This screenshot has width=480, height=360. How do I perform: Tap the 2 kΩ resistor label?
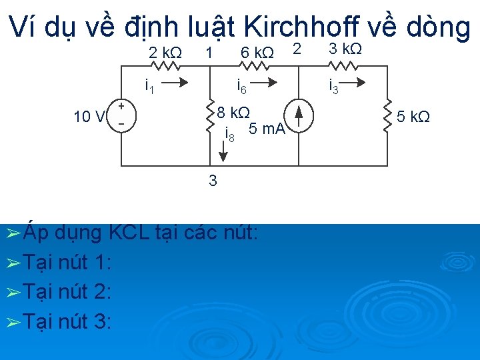tap(164, 52)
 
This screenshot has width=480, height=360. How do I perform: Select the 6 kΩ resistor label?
tap(257, 53)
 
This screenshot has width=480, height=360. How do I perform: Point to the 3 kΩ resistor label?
tap(346, 49)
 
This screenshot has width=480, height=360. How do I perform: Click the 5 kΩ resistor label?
tap(413, 117)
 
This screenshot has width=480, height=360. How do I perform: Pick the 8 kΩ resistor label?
tap(234, 111)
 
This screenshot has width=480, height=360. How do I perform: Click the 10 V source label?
tap(89, 117)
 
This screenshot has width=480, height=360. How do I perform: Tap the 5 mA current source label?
tap(266, 129)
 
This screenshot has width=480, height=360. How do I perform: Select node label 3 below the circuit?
tap(213, 180)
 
